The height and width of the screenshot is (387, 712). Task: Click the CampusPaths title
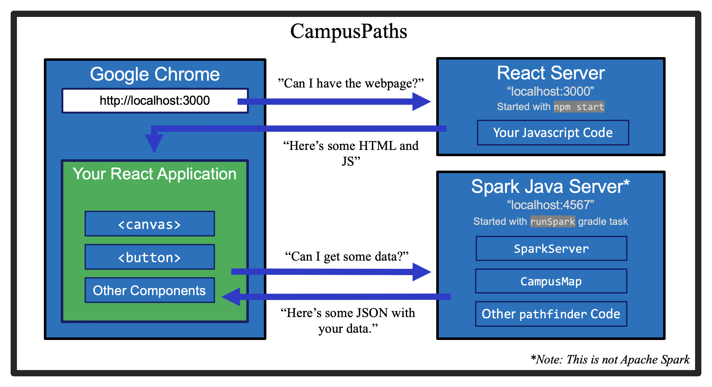[x=348, y=31]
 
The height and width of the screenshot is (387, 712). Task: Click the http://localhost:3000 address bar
[x=155, y=101]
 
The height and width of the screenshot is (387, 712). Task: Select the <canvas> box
[x=149, y=224]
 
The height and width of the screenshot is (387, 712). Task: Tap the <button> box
[x=149, y=257]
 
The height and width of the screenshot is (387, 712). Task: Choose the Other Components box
[x=149, y=290]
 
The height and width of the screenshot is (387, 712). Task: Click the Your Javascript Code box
[x=552, y=133]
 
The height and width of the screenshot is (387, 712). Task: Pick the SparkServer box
[x=551, y=249]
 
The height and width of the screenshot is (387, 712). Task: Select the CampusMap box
[x=551, y=281]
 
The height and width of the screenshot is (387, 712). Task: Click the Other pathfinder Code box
[x=551, y=314]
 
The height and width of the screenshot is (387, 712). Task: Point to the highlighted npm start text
[x=579, y=107]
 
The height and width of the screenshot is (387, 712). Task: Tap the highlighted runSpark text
[x=552, y=221]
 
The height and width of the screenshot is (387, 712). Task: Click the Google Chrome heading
[x=155, y=74]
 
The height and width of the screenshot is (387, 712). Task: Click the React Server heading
[x=551, y=73]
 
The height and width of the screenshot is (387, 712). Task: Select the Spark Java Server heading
[x=550, y=187]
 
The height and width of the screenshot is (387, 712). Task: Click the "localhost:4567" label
[x=550, y=205]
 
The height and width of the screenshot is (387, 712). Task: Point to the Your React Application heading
[x=154, y=174]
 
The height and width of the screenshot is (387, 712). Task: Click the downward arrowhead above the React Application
[x=154, y=143]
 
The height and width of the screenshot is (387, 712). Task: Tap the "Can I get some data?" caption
[x=347, y=257]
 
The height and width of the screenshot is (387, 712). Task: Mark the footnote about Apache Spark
[x=610, y=359]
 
